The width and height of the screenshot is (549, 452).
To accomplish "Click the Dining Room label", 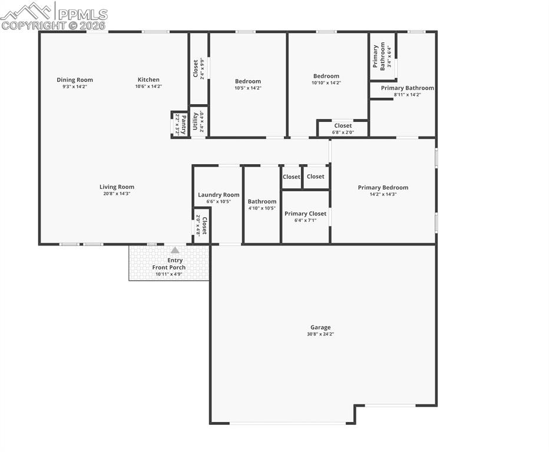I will [x=75, y=80].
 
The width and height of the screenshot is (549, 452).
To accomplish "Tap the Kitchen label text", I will [x=148, y=80].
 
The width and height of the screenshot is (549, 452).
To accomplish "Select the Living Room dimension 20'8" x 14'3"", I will [x=117, y=194].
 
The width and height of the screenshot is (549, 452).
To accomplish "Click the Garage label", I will [x=320, y=327].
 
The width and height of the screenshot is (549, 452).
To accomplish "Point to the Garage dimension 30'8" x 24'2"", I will [x=320, y=334].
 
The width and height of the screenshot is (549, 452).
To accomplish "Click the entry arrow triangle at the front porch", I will [x=175, y=250].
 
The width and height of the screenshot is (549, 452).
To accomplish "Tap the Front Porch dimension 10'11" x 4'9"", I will [x=169, y=274].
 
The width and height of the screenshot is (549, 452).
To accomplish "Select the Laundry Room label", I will [x=219, y=195].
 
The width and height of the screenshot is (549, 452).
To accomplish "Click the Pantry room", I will [x=180, y=124].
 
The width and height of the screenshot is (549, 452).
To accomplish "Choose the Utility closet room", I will [x=199, y=121].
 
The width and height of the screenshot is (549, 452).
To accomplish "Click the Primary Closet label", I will [x=305, y=214].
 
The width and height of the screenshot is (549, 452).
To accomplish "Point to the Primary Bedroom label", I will [x=383, y=188].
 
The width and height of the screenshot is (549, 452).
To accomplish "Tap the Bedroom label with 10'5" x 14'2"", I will [x=247, y=81].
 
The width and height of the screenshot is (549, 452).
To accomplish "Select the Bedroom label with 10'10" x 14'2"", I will [x=326, y=76].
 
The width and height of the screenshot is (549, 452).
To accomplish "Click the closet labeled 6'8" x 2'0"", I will [x=343, y=128].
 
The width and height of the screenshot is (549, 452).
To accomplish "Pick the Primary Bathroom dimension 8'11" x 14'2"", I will [x=408, y=94].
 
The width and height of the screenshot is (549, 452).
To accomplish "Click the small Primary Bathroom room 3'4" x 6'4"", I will [x=382, y=56].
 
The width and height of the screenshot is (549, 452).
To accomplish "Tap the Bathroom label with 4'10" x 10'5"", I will [x=262, y=201].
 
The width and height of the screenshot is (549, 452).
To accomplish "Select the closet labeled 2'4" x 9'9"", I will [x=199, y=69].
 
